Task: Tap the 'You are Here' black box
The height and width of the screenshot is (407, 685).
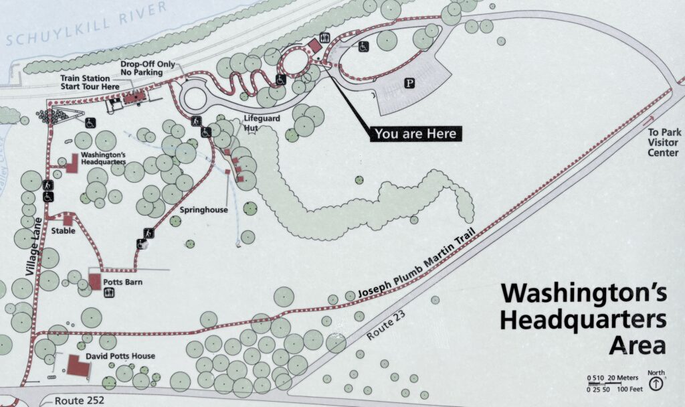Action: (415, 133)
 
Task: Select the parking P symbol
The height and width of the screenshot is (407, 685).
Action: (409, 82)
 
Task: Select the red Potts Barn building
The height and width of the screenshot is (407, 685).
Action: (95, 282)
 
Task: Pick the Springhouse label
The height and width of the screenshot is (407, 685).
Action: (204, 210)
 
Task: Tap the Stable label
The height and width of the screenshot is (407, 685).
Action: (63, 231)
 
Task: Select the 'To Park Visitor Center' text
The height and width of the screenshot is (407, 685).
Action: (663, 143)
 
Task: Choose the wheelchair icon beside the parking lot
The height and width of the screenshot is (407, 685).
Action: (364, 48)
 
